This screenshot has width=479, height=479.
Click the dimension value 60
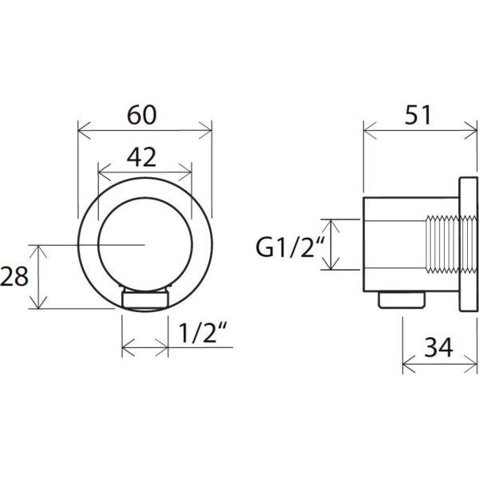coord(142,115)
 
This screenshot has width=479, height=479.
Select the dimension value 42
coord(141,157)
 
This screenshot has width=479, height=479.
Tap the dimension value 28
coord(14,276)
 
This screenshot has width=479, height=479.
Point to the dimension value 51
coord(418,115)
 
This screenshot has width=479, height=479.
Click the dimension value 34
coord(438,347)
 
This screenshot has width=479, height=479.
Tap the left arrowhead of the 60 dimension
coord(84,131)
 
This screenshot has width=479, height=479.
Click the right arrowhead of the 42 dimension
coord(186,172)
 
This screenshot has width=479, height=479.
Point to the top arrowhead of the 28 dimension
coord(38,251)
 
